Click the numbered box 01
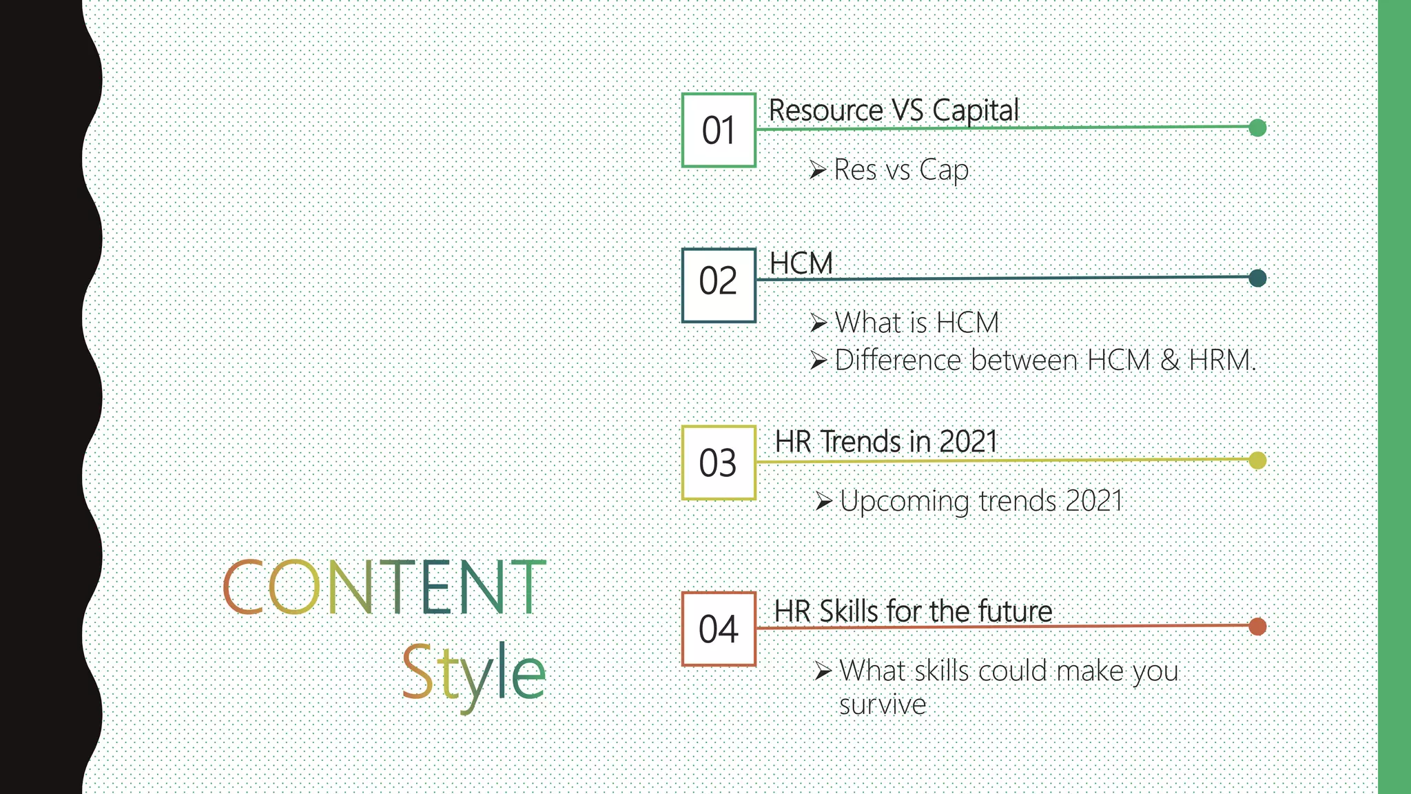pos(719,130)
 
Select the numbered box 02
pos(719,285)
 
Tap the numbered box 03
pos(719,462)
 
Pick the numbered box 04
pos(719,629)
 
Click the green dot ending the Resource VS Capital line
pos(1257,128)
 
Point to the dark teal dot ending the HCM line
pos(1257,278)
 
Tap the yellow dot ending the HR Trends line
pos(1257,460)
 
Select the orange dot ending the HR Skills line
pos(1257,626)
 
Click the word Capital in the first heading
pos(975,111)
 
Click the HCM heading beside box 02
pos(801,263)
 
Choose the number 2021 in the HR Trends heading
pos(968,442)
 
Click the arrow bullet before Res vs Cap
pos(818,170)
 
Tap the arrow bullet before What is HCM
pos(818,323)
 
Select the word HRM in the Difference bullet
pos(1221,360)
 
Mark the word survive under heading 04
pos(882,705)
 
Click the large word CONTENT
pos(384,587)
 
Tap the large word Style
pos(473,672)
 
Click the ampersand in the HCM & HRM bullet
pos(1170,360)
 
